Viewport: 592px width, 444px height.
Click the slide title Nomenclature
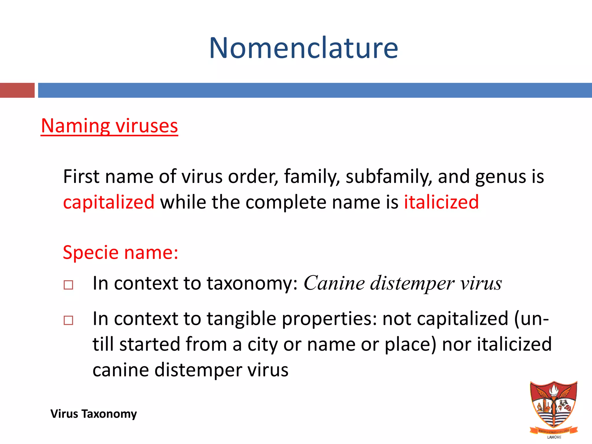point(304,48)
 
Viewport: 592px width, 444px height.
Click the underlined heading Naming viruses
point(109,126)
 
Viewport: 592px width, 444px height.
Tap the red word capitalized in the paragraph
point(109,202)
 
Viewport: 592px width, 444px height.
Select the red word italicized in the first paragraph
point(441,202)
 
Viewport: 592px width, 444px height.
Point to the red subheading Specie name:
point(120,252)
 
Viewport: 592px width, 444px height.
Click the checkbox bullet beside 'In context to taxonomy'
point(69,285)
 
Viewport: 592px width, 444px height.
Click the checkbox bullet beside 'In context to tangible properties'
point(69,320)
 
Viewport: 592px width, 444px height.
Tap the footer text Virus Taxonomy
point(93,414)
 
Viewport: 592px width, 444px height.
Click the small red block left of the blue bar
point(17,90)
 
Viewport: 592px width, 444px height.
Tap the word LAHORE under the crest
point(554,437)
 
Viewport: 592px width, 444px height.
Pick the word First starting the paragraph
point(81,177)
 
